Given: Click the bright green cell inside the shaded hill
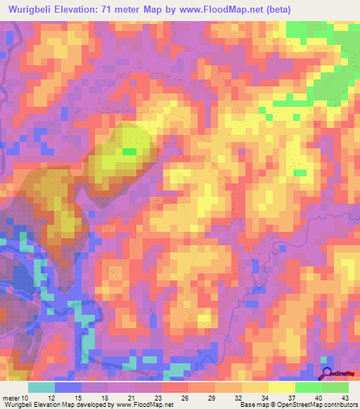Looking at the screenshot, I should coord(129,151).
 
